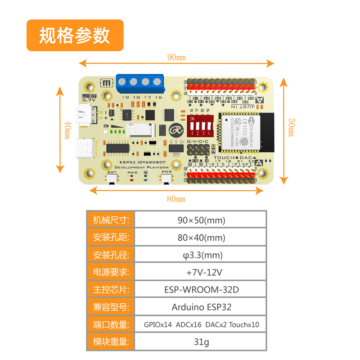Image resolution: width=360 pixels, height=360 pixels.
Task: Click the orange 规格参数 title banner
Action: (x=75, y=35)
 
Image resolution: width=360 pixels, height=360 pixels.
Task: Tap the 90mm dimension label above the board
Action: (x=176, y=58)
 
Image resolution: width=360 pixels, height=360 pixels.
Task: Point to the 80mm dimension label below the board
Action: (x=176, y=198)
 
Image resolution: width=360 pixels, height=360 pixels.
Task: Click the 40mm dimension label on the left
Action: (x=67, y=130)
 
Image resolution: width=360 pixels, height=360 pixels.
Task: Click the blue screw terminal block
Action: (x=139, y=81)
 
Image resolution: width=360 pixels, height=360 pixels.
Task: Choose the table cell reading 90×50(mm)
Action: (x=201, y=220)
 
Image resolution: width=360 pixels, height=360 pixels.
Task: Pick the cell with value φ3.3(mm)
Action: (x=201, y=255)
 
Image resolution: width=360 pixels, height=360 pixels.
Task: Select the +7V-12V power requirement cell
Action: (x=201, y=272)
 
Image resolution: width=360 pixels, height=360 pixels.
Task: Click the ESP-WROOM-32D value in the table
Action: (x=201, y=290)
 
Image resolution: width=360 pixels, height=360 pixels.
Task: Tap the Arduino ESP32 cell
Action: (x=201, y=307)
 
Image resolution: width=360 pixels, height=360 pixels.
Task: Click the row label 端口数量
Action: (x=111, y=324)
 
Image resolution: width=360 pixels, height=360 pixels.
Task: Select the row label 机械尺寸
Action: (x=111, y=220)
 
